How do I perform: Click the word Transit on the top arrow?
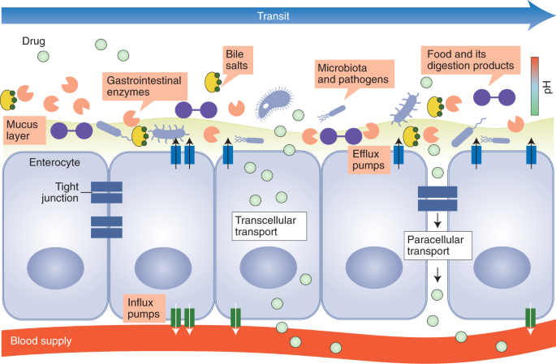click(x=274, y=15)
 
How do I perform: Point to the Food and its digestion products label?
click(x=468, y=59)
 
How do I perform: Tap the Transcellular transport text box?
click(x=268, y=225)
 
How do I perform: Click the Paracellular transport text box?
click(x=438, y=245)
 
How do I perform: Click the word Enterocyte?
click(x=51, y=163)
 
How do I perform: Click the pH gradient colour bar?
click(x=536, y=85)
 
